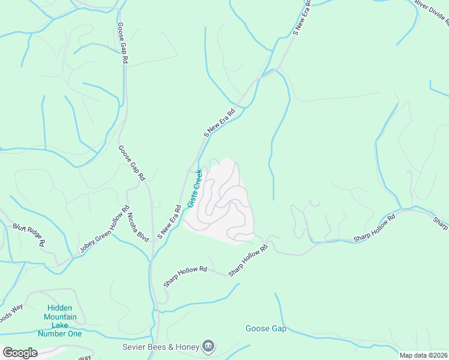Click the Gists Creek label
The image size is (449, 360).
(x=194, y=188)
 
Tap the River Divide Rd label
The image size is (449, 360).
(x=432, y=13)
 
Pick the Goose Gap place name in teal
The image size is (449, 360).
(x=265, y=328)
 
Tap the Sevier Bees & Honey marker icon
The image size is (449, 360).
(x=208, y=346)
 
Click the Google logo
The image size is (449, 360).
(x=20, y=353)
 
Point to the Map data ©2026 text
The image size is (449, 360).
(x=423, y=355)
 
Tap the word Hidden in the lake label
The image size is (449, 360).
(x=60, y=308)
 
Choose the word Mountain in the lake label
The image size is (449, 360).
(x=60, y=317)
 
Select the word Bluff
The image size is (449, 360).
(x=21, y=228)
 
